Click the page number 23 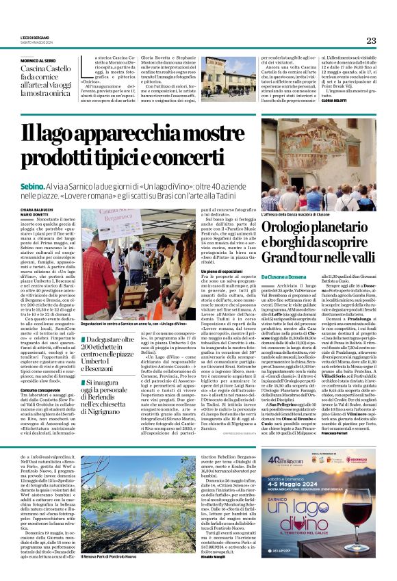370,40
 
